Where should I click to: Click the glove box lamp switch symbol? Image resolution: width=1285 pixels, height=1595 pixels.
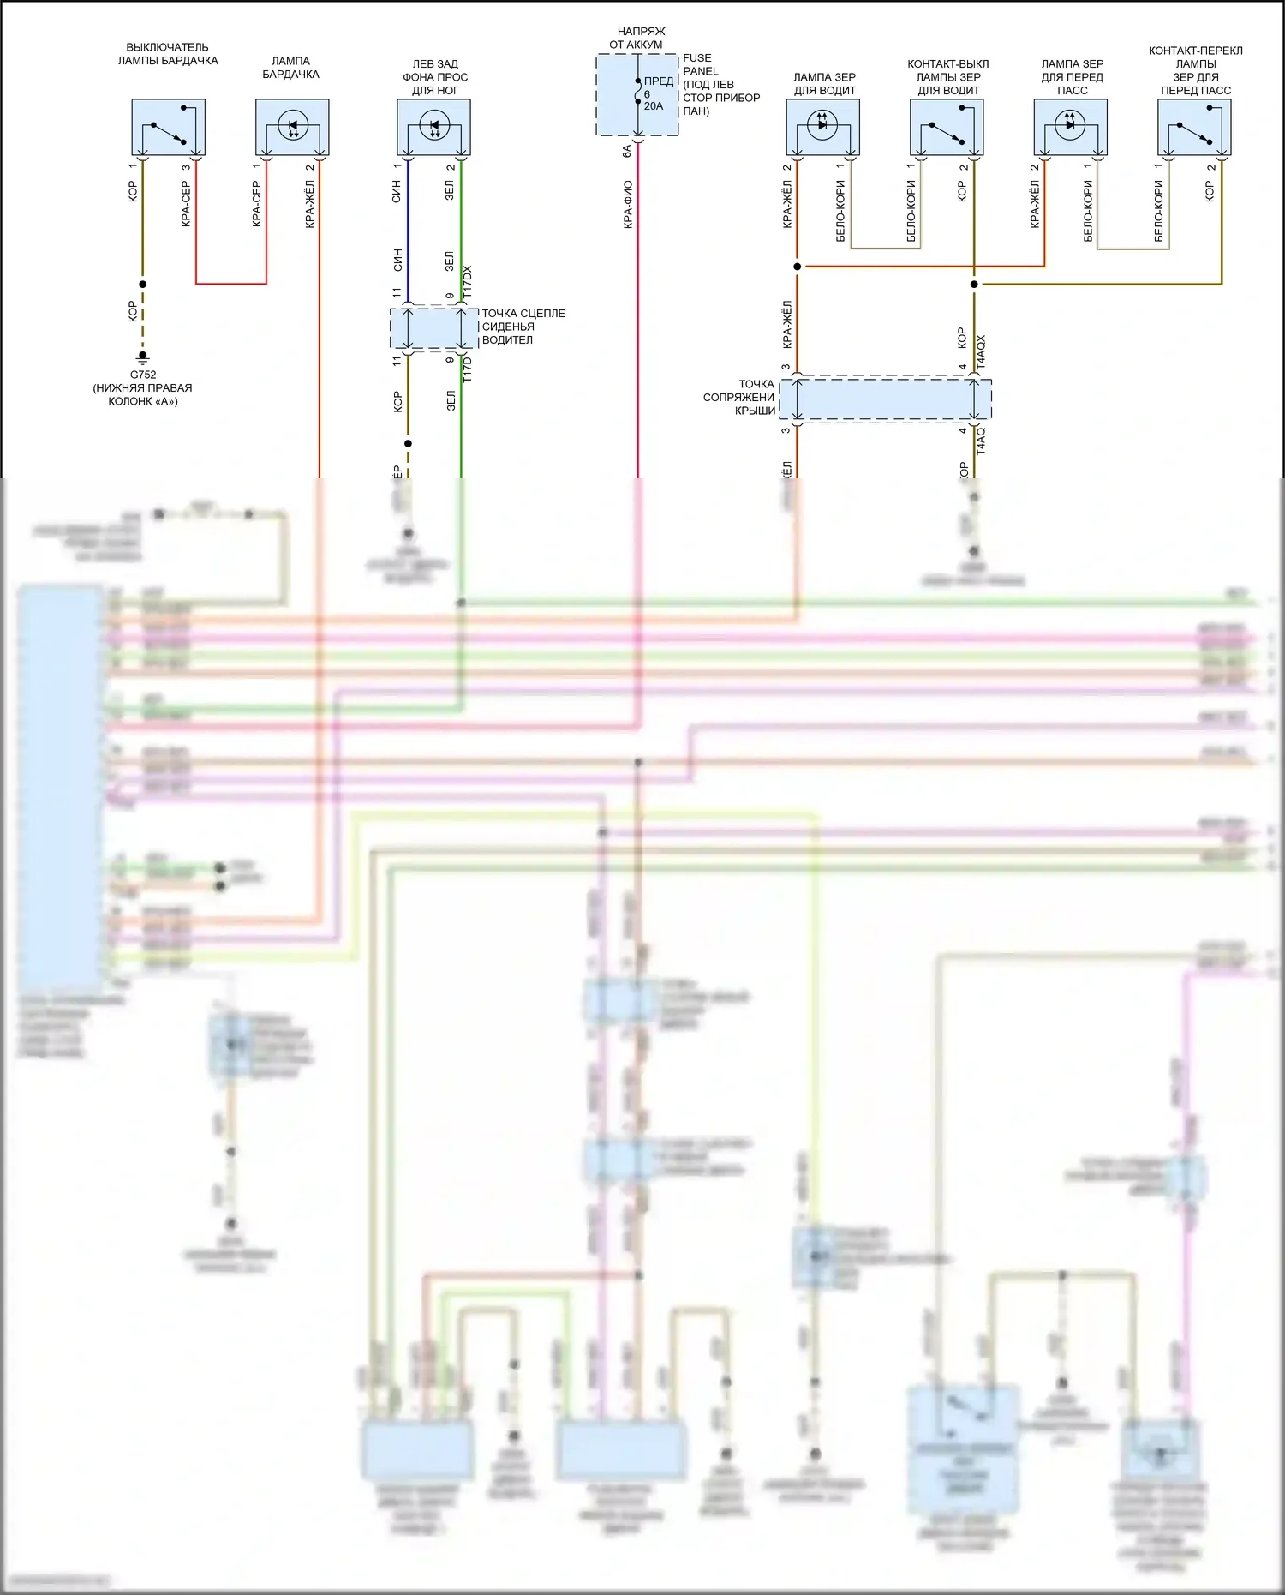pyautogui.click(x=168, y=127)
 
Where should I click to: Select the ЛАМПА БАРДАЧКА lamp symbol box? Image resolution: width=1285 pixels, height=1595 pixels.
pyautogui.click(x=292, y=127)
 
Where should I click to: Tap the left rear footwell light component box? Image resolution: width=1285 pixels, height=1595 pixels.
pyautogui.click(x=433, y=127)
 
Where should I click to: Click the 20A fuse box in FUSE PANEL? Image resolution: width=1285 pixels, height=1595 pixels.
pyautogui.click(x=637, y=94)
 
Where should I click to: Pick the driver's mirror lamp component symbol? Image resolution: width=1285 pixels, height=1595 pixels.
pyautogui.click(x=822, y=127)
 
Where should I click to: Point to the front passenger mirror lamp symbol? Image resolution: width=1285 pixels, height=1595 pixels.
pyautogui.click(x=1070, y=127)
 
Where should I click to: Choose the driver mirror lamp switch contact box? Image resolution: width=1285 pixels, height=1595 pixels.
pyautogui.click(x=947, y=127)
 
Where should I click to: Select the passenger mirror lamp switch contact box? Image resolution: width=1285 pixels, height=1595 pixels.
pyautogui.click(x=1194, y=127)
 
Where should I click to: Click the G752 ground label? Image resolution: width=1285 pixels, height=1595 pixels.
pyautogui.click(x=143, y=375)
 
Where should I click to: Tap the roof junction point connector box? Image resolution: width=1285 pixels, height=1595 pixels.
pyautogui.click(x=885, y=399)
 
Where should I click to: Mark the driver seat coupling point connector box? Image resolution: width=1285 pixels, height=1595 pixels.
pyautogui.click(x=434, y=328)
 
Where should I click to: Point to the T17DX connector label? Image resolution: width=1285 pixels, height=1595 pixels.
pyautogui.click(x=468, y=282)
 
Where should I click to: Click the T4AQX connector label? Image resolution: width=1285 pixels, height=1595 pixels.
pyautogui.click(x=982, y=352)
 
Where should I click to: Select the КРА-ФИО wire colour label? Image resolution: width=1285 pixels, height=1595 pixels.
pyautogui.click(x=628, y=204)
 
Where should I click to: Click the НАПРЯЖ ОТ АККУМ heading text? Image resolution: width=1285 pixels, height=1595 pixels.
pyautogui.click(x=637, y=38)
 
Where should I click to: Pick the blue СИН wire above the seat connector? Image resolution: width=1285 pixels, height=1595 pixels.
pyautogui.click(x=408, y=249)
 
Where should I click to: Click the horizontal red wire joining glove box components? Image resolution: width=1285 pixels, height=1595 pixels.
pyautogui.click(x=231, y=284)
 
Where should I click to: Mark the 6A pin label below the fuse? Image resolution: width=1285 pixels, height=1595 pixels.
pyautogui.click(x=627, y=151)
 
